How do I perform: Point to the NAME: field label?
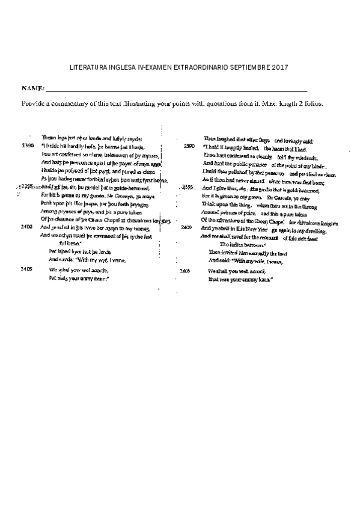pos(34,89)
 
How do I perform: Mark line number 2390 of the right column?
pos(189,146)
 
